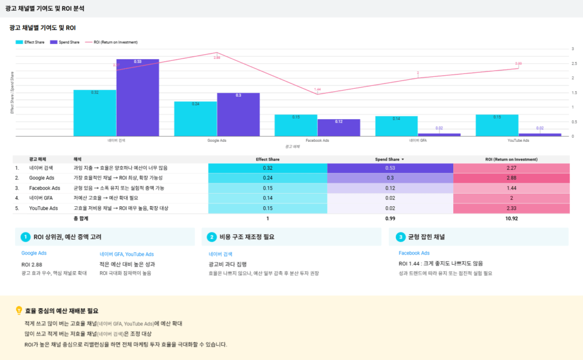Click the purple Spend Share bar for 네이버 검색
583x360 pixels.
click(x=138, y=97)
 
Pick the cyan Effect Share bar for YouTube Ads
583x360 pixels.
click(x=497, y=125)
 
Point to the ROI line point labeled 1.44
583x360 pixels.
click(x=317, y=94)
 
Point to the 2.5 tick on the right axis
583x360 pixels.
click(x=573, y=63)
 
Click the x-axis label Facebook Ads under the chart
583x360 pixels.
click(x=317, y=140)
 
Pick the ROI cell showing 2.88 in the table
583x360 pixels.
click(x=511, y=178)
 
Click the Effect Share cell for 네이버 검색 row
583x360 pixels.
click(x=267, y=168)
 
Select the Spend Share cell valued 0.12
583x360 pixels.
click(x=390, y=188)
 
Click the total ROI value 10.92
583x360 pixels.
click(x=511, y=218)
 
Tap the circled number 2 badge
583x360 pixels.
click(x=211, y=237)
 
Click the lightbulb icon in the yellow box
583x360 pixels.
click(x=19, y=311)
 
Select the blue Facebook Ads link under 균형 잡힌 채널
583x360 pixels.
click(x=414, y=253)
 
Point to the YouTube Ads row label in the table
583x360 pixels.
click(x=43, y=208)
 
